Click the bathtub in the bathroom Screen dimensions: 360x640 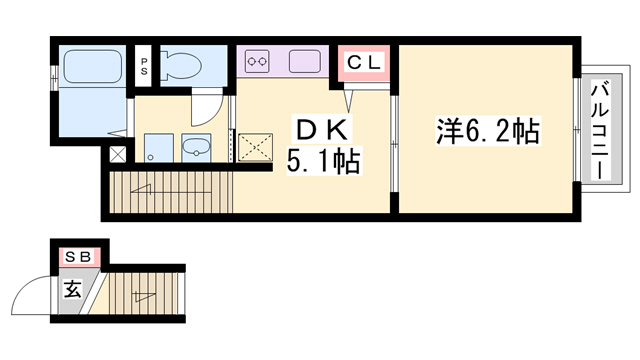click(x=91, y=68)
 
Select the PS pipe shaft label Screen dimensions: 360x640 click(x=144, y=69)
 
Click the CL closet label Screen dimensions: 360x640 click(x=364, y=63)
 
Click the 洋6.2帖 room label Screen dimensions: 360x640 click(x=487, y=129)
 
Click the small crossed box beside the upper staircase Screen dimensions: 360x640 click(x=118, y=155)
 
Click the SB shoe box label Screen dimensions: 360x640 click(x=77, y=257)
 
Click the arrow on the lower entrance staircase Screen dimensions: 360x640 click(x=146, y=294)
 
